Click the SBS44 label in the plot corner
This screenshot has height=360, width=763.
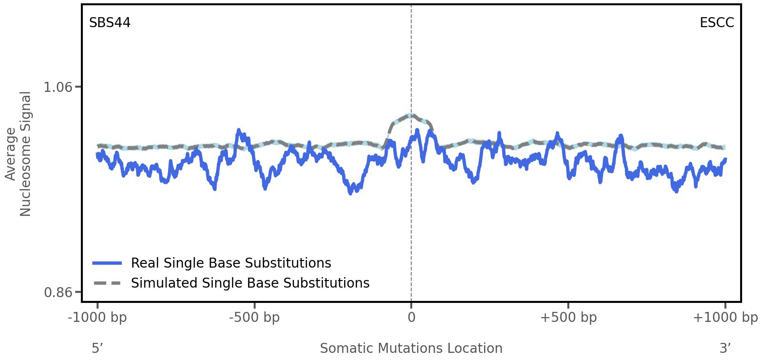[109, 23]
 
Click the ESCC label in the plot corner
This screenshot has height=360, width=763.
[716, 23]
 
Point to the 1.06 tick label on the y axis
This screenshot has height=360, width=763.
[58, 87]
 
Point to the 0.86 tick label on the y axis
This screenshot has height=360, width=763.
[58, 292]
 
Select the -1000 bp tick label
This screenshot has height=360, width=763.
[98, 318]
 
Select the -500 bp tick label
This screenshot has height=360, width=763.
[254, 318]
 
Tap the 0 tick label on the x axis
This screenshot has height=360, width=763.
[411, 318]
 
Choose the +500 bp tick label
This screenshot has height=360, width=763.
[568, 318]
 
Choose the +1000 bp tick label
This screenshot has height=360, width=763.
[725, 318]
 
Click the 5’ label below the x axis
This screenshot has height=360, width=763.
[97, 349]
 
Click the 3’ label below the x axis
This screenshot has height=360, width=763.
[725, 349]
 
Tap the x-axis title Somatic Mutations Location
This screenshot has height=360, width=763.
[411, 349]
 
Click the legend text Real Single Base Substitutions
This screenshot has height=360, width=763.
[231, 263]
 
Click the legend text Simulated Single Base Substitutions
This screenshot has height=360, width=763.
[250, 283]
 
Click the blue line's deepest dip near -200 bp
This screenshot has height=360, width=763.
[350, 192]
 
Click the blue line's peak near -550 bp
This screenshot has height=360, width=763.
[239, 130]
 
